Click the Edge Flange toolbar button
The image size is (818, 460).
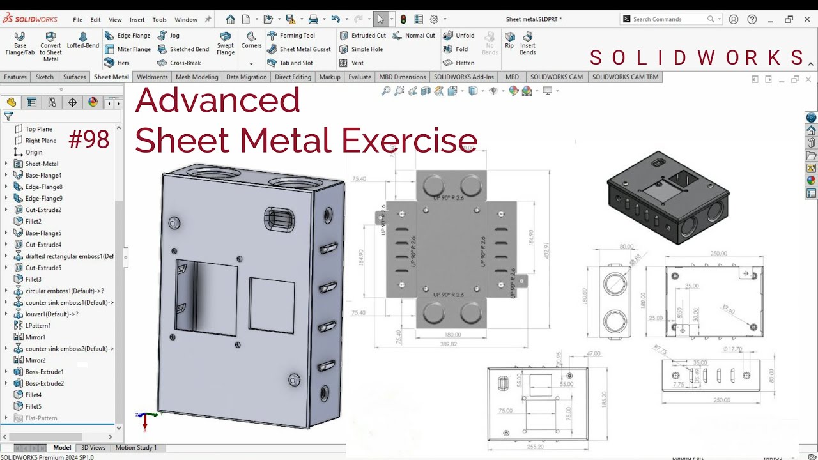pos(128,36)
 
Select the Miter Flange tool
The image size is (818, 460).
pos(128,49)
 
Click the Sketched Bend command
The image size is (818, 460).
pos(183,49)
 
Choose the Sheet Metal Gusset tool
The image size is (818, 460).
pos(299,49)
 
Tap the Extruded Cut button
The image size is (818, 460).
pos(362,36)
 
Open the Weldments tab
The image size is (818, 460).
pos(152,77)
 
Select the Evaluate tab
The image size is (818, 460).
pos(360,77)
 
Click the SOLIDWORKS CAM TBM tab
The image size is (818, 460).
pos(625,77)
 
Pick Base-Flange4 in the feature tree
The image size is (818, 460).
pos(43,175)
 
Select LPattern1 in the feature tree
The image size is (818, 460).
pos(38,325)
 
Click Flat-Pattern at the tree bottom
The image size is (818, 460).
pos(41,418)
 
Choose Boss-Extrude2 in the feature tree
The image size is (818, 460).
pos(44,383)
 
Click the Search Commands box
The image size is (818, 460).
pos(668,19)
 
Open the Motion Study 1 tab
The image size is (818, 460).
pos(135,447)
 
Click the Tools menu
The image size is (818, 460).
pos(159,20)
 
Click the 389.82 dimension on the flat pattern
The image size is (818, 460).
pos(449,344)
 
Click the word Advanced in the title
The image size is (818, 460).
pos(217,100)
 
